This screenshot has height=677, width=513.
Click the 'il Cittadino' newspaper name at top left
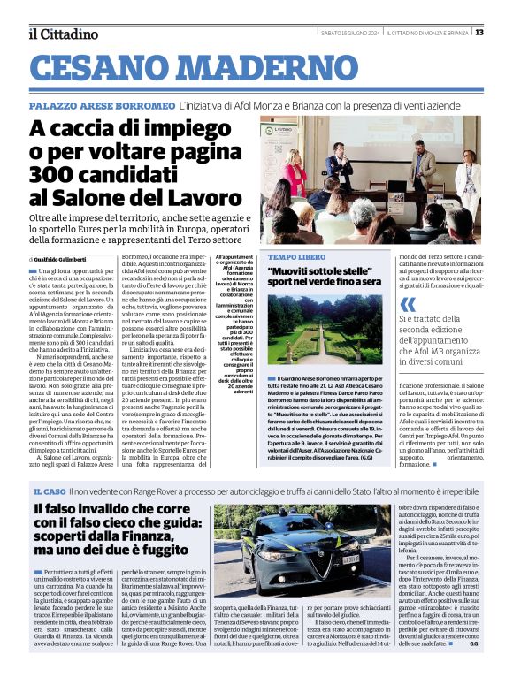[63, 34]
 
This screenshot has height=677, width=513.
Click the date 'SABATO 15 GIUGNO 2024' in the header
[349, 34]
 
